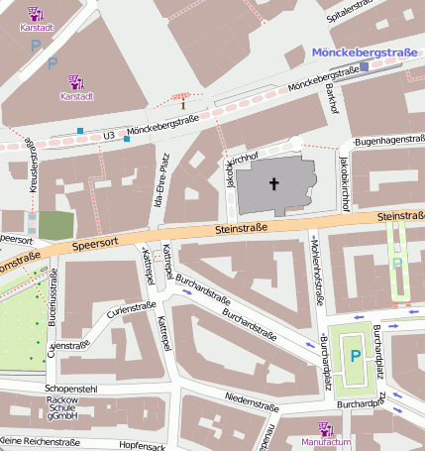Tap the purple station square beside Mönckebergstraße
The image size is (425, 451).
click(364, 67)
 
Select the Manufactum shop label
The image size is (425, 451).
click(327, 442)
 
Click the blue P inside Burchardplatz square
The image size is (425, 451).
click(355, 356)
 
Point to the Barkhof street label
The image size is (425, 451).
click(332, 99)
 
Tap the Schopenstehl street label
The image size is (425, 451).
click(71, 390)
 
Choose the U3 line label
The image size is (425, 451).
click(109, 135)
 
